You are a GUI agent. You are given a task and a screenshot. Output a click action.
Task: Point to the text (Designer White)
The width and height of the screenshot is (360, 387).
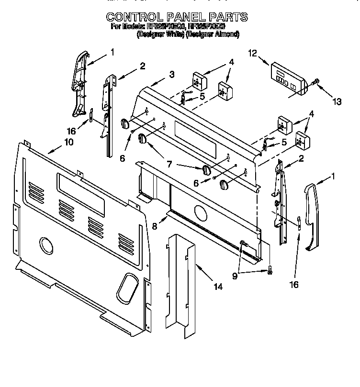click(x=160, y=34)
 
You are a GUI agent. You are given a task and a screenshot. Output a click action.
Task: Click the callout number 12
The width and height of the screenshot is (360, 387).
click(x=252, y=55)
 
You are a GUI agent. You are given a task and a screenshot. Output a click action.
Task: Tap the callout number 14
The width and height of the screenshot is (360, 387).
click(x=218, y=287)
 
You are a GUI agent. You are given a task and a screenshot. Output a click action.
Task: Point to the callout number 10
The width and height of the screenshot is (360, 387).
click(x=69, y=142)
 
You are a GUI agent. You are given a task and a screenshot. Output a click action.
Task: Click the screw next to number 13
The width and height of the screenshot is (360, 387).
click(x=315, y=82)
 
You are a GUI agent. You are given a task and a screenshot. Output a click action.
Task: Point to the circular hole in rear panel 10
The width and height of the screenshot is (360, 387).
click(x=46, y=245)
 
